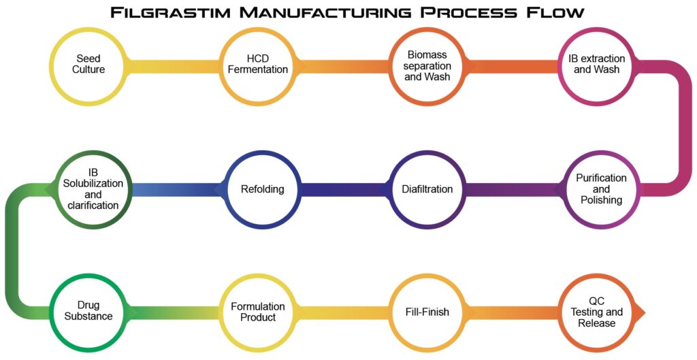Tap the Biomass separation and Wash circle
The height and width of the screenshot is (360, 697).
pyautogui.click(x=427, y=64)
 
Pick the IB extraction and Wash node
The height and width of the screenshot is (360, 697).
pyautogui.click(x=596, y=64)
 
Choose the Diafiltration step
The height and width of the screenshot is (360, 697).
pyautogui.click(x=427, y=189)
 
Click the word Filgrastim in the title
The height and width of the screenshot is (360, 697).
pyautogui.click(x=180, y=13)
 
